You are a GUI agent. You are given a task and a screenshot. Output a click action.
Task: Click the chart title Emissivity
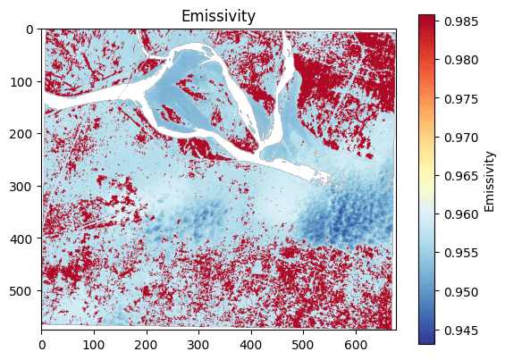coord(218,16)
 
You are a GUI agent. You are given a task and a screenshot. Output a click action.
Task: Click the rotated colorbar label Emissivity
coord(490,180)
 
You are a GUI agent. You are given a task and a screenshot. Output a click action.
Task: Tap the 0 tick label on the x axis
coord(42,342)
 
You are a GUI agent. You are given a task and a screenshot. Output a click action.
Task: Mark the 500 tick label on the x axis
coord(303,342)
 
